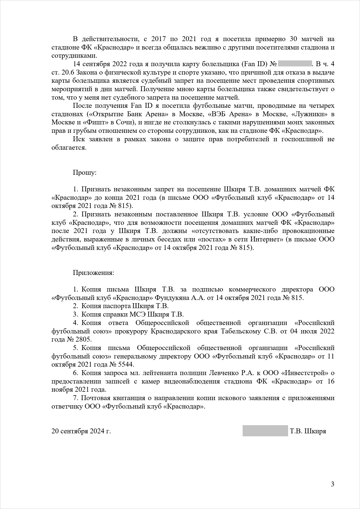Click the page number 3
pyautogui.click(x=332, y=484)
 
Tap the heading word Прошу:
pyautogui.click(x=85, y=173)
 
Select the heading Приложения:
pyautogui.click(x=93, y=273)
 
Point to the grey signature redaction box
pyautogui.click(x=265, y=431)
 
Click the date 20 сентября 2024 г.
pyautogui.click(x=81, y=431)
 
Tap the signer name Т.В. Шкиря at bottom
pyautogui.click(x=308, y=431)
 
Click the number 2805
pyautogui.click(x=83, y=339)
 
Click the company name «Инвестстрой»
pyautogui.click(x=307, y=373)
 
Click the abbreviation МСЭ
pyautogui.click(x=138, y=314)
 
